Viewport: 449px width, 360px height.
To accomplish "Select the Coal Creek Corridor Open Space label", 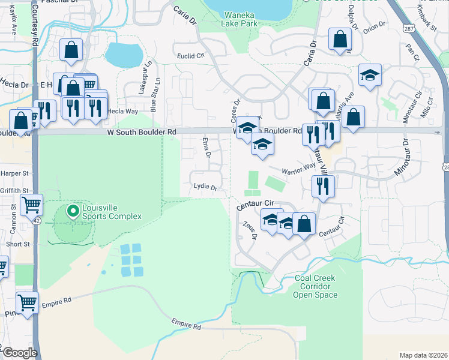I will pyautogui.click(x=316, y=287).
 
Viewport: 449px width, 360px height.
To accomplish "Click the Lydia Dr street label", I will pyautogui.click(x=205, y=187).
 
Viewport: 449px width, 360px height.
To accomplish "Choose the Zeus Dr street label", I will pyautogui.click(x=250, y=231).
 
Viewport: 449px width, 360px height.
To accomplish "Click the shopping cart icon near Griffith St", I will pyautogui.click(x=31, y=205).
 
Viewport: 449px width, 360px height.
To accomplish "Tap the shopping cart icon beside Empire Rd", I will pyautogui.click(x=28, y=302).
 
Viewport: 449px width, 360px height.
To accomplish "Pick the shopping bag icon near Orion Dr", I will pyautogui.click(x=340, y=40).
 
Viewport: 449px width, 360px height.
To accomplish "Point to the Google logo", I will pyautogui.click(x=20, y=353).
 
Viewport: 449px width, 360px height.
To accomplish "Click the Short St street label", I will pyautogui.click(x=18, y=244).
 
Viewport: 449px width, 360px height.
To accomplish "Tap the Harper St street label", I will pyautogui.click(x=16, y=173).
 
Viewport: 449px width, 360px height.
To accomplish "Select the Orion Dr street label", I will pyautogui.click(x=373, y=25).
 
